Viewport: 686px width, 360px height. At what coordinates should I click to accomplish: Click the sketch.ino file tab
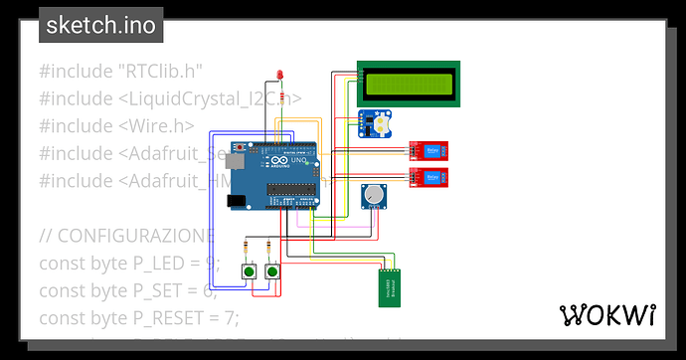pyautogui.click(x=101, y=25)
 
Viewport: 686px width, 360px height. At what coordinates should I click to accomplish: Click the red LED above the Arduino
pyautogui.click(x=281, y=76)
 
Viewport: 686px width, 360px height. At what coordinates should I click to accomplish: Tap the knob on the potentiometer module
pyautogui.click(x=374, y=195)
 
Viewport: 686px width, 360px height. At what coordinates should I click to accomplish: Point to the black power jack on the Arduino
pyautogui.click(x=238, y=200)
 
